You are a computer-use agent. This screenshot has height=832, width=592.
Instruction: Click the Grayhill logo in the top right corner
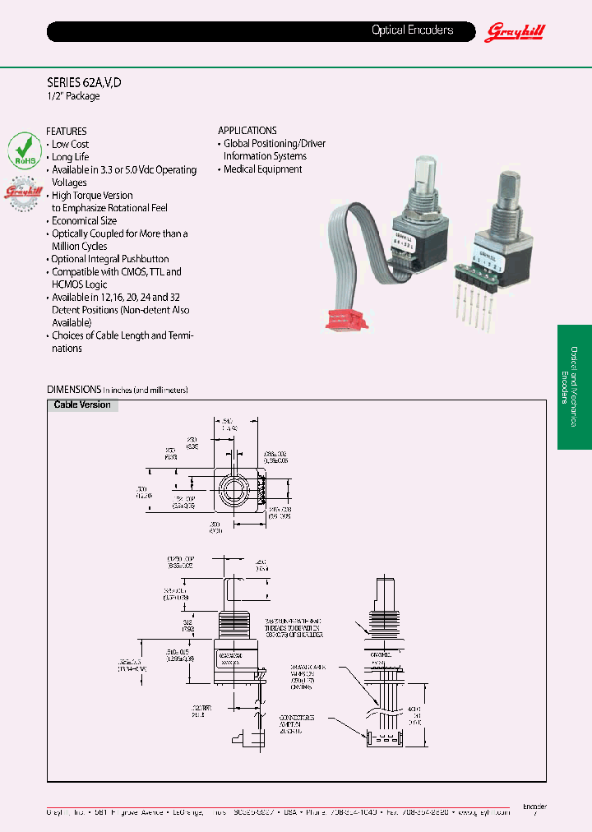tap(516, 31)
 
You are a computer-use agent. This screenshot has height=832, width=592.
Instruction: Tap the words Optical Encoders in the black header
tap(412, 30)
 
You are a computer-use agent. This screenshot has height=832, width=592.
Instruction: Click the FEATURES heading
tap(67, 131)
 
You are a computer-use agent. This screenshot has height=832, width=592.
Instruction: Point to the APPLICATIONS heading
tap(247, 130)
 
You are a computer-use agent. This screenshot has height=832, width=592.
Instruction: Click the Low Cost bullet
tap(71, 144)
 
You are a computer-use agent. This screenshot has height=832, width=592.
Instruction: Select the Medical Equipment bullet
tap(262, 169)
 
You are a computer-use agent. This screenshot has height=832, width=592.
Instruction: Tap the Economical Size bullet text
tap(84, 220)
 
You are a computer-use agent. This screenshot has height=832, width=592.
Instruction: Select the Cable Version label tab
tap(82, 404)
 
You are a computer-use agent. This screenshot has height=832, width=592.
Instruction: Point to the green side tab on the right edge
tap(574, 386)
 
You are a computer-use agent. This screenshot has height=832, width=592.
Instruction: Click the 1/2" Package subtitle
tap(73, 96)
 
